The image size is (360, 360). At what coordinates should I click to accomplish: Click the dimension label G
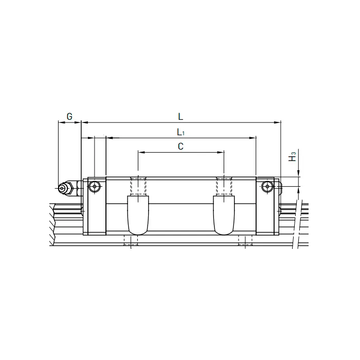69,116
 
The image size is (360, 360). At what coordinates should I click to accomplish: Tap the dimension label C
181,147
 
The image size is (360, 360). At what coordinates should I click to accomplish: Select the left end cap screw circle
94,188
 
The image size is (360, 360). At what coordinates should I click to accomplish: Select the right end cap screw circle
266,188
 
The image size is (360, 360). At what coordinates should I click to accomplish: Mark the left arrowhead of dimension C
140,152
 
